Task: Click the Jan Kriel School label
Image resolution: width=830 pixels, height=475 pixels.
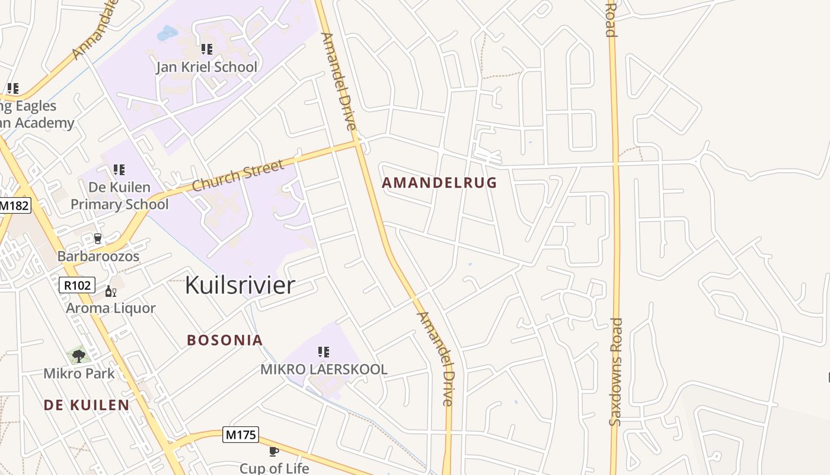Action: coord(206,66)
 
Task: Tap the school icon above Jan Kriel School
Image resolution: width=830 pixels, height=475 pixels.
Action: coord(206,49)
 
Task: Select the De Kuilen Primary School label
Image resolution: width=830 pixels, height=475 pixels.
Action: coord(120,196)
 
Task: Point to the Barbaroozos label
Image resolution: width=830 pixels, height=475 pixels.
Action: coord(98,256)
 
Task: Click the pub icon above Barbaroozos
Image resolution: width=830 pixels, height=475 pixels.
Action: coord(98,238)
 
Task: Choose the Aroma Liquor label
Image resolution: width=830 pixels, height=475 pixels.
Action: coord(111,308)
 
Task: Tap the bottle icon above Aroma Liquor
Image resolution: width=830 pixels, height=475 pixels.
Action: coord(110,291)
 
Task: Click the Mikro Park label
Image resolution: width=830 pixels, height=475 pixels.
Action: coord(79,373)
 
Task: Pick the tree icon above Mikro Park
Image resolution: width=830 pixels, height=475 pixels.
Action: coord(79,356)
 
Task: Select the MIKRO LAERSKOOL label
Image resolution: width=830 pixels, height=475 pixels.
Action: coord(324,369)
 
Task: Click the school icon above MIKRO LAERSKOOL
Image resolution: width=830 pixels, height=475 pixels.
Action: coord(324,352)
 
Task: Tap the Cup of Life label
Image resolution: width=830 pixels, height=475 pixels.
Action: coord(274,468)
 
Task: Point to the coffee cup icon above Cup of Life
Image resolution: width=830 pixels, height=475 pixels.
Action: coord(274,451)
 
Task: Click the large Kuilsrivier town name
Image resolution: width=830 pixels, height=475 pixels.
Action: coord(240,285)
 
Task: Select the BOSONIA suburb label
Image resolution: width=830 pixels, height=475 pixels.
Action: coord(225,340)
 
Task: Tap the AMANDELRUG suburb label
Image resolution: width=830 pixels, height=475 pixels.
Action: coord(439,183)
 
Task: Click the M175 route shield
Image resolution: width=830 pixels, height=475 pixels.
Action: coord(241,435)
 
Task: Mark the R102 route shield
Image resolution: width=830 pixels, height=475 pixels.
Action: coord(77,285)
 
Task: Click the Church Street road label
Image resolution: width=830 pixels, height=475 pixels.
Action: coord(238,176)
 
